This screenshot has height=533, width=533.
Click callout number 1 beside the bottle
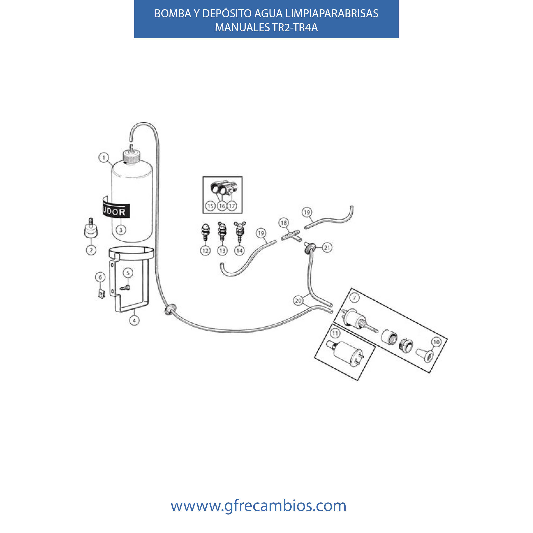(x=104, y=158)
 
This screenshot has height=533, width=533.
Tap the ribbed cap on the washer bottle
(x=132, y=157)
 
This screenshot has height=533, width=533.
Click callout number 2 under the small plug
(x=91, y=250)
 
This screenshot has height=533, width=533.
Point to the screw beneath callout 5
(x=125, y=288)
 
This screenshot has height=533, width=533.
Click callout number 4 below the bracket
(x=134, y=320)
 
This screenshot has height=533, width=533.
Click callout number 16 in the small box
(x=222, y=206)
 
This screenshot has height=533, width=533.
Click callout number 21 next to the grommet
(x=327, y=248)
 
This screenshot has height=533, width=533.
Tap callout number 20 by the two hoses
(x=298, y=300)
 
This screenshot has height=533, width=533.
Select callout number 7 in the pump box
(x=355, y=298)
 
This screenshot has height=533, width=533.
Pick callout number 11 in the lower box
(x=335, y=333)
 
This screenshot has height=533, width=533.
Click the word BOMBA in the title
(x=173, y=14)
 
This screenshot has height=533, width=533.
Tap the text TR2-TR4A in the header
(x=295, y=27)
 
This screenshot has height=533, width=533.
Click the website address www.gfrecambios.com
(x=258, y=506)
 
